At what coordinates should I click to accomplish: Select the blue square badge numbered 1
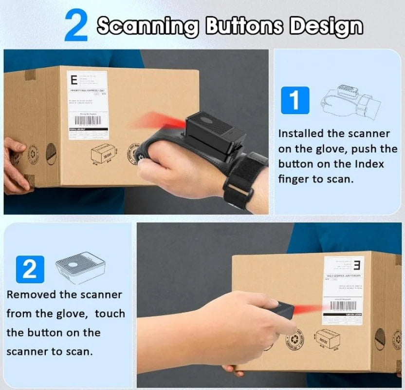295,99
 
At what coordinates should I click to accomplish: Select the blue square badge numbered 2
30,269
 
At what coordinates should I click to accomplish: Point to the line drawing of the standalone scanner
80,267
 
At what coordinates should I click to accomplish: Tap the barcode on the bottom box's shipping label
343,308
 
